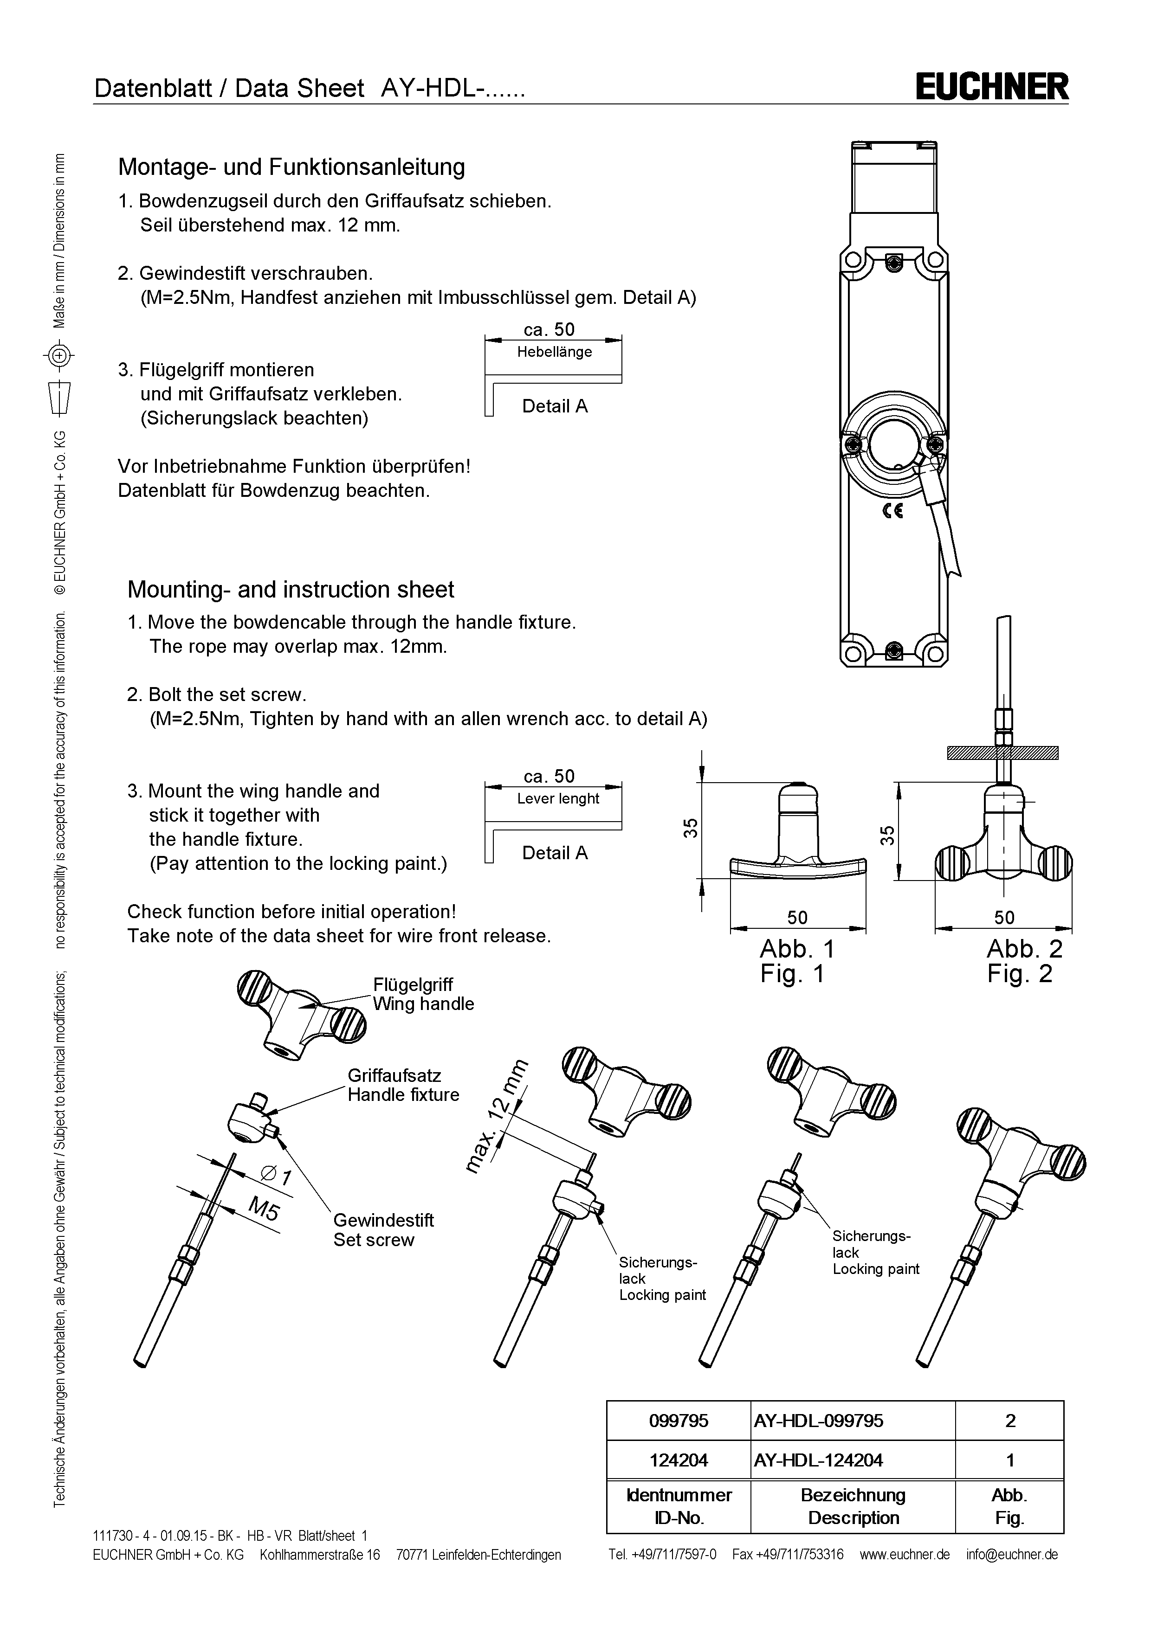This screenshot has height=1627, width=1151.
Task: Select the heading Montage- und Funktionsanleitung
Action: coord(291,167)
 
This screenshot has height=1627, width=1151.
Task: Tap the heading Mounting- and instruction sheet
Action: coord(291,590)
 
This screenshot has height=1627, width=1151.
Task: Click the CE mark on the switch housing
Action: coord(892,510)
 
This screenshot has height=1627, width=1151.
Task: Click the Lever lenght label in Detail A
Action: coord(558,798)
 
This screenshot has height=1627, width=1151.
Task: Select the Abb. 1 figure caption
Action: coord(797,949)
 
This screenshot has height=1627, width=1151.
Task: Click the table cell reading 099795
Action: coord(678,1421)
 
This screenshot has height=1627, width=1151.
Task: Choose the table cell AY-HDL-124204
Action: coord(819,1460)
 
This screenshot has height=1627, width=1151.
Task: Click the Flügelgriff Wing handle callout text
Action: coord(423,994)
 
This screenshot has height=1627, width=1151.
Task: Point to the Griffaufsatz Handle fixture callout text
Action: coord(403,1085)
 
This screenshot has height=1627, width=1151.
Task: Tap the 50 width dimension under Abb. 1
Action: coord(797,918)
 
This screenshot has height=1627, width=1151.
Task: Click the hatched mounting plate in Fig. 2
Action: coord(1003,753)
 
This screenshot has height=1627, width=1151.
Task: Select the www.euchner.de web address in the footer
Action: coord(905,1555)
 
